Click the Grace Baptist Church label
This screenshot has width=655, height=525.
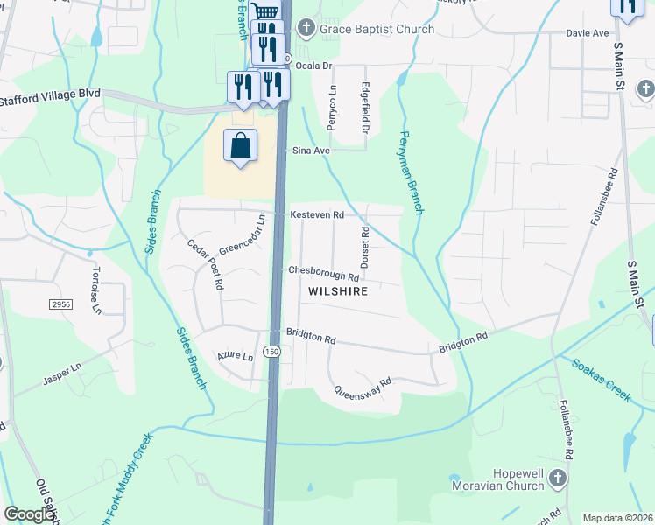(x=377, y=29)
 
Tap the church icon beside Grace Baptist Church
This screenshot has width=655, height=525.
(x=306, y=29)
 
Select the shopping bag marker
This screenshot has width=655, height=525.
(x=241, y=146)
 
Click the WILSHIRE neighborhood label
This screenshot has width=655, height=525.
(x=336, y=290)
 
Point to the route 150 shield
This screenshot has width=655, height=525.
(x=273, y=352)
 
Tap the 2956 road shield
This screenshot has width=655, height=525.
(x=60, y=302)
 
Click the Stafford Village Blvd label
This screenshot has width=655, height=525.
(x=51, y=93)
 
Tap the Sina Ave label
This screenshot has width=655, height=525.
(x=311, y=150)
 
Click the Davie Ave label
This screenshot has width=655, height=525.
(x=587, y=33)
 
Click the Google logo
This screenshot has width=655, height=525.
(x=29, y=514)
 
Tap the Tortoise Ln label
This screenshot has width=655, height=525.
(x=95, y=290)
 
